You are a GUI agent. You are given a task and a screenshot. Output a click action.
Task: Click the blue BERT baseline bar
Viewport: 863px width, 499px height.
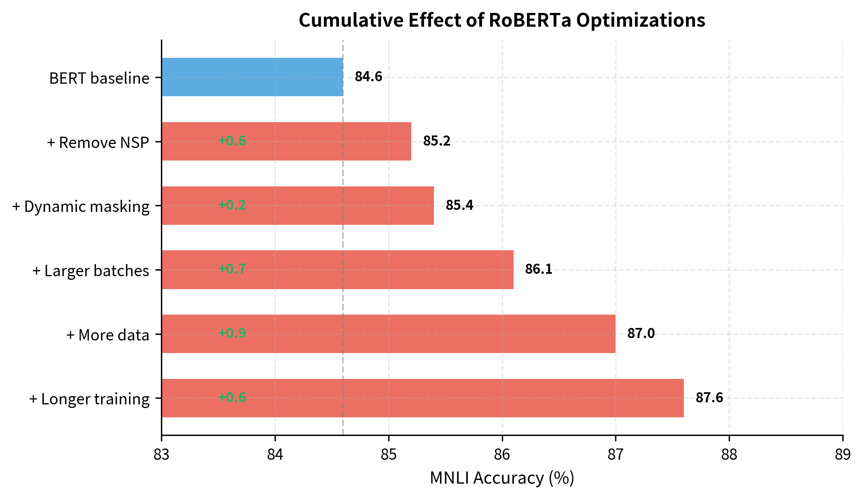tap(252, 77)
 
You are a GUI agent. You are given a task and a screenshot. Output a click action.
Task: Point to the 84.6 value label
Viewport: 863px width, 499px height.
tap(368, 77)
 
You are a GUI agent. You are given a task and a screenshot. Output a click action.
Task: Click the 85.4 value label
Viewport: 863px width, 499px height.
tap(459, 205)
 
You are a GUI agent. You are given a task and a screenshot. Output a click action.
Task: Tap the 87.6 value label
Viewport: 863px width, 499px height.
tap(709, 398)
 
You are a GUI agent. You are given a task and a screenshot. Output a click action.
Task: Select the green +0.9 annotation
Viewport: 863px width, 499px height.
tap(232, 333)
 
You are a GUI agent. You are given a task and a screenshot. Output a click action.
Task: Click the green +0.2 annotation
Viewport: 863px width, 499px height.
tap(232, 205)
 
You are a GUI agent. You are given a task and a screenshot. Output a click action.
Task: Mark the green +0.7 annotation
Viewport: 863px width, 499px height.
tap(232, 269)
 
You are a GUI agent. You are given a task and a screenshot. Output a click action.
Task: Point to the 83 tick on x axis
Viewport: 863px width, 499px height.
tap(161, 455)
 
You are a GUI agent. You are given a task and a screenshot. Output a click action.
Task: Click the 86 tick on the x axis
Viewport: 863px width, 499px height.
tap(502, 455)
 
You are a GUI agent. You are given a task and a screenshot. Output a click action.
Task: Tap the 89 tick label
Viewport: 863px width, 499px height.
tap(843, 455)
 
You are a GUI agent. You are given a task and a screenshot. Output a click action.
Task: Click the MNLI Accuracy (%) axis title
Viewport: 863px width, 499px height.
tap(502, 478)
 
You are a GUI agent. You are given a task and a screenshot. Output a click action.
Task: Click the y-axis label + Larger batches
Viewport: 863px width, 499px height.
tap(91, 271)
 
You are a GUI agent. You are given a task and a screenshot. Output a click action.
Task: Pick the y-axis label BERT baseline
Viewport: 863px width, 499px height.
tap(99, 78)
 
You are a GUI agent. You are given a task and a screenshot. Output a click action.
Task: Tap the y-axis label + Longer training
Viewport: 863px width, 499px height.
tap(89, 399)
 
